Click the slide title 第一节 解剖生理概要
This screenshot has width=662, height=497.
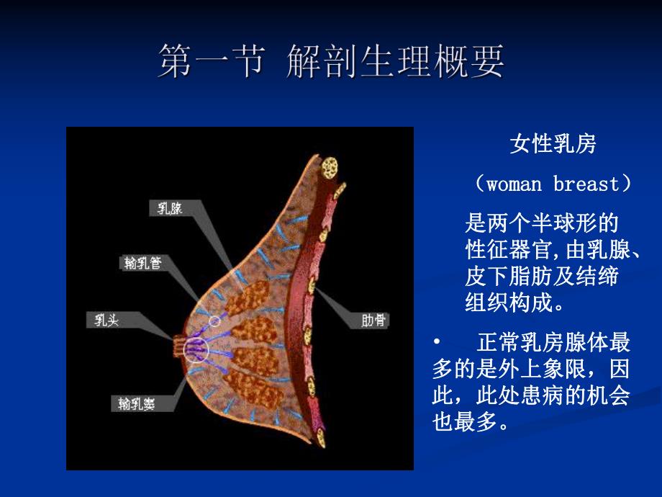[x=331, y=61]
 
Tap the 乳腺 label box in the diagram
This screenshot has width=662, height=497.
[x=171, y=209]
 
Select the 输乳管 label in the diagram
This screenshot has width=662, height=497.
[x=141, y=263]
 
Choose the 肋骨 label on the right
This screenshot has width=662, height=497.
[x=372, y=320]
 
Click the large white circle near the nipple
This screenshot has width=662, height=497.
[x=194, y=349]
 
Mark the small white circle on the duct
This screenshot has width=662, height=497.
[x=215, y=321]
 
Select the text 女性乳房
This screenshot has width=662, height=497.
[x=553, y=144]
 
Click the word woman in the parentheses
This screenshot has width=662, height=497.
[x=514, y=184]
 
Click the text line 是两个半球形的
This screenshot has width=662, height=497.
[x=542, y=222]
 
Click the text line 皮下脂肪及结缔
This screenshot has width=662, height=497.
[x=542, y=276]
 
